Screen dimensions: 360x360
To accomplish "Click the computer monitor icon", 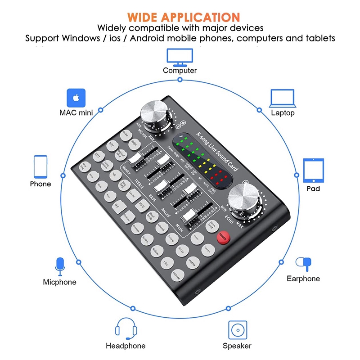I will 180,56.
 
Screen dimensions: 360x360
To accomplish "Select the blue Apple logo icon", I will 76,97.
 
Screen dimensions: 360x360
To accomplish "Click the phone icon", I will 40,167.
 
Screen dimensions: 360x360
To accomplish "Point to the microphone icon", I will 59,266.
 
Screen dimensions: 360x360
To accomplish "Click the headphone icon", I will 126,329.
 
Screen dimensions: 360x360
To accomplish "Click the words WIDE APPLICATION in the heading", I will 183,18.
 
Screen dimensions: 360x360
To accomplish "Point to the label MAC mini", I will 76,112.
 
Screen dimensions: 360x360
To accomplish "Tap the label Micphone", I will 59,282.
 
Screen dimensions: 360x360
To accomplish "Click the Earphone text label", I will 303,279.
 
